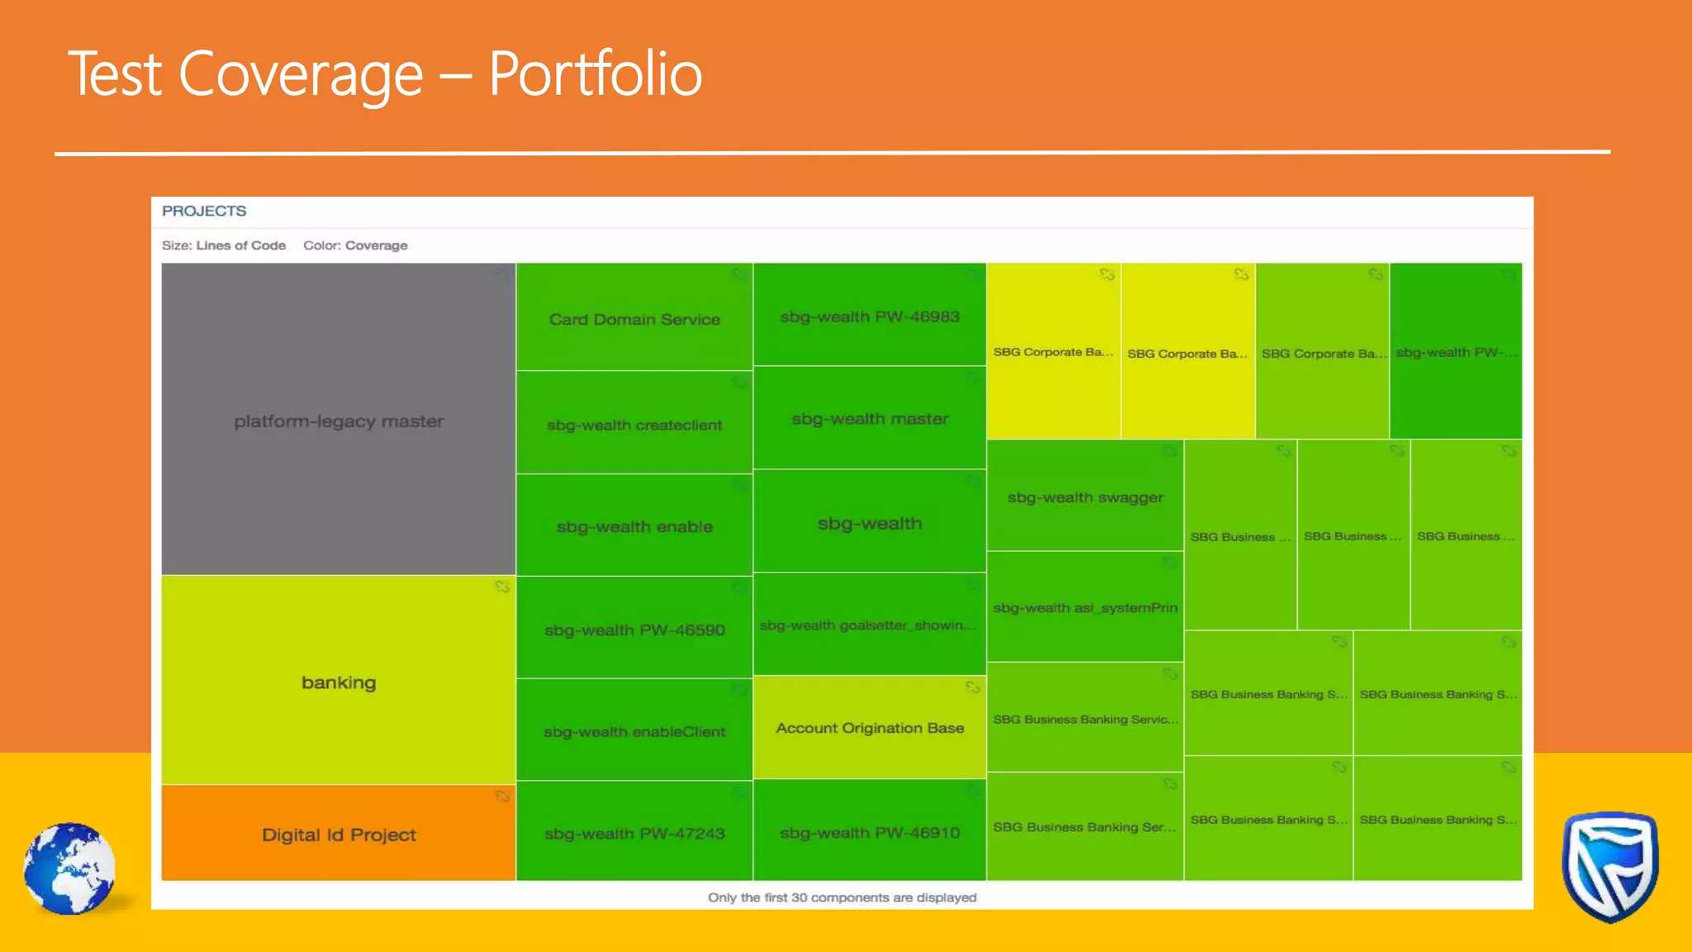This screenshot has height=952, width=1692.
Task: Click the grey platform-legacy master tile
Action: tap(338, 420)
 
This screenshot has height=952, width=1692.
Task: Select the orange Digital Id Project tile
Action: tap(338, 834)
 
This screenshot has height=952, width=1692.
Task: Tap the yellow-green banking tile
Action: tap(338, 682)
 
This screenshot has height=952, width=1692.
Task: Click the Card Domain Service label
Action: tap(634, 319)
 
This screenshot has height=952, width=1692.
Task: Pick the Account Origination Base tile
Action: tap(869, 727)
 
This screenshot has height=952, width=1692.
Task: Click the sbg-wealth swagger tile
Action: tap(1085, 497)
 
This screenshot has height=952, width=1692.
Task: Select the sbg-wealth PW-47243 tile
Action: tap(634, 833)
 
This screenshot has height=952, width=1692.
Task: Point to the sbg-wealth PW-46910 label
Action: tap(869, 832)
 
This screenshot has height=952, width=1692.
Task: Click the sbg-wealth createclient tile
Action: tap(634, 424)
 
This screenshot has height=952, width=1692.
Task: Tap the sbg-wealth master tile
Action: tap(869, 418)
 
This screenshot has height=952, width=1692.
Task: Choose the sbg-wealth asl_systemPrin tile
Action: tap(1085, 607)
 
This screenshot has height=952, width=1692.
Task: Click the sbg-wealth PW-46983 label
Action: tap(869, 317)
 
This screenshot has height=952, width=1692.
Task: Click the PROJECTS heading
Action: tap(204, 211)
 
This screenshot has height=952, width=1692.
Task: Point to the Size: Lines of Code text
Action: tap(223, 245)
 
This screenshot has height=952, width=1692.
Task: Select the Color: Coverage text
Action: tap(355, 245)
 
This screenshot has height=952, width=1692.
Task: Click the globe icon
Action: tap(69, 868)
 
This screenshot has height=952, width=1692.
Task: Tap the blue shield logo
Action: tap(1609, 866)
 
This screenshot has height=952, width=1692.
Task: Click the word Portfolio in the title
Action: tap(595, 74)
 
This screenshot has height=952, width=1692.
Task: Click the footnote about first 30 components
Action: tap(841, 897)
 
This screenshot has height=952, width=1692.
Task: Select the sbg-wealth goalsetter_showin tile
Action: tap(869, 625)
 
